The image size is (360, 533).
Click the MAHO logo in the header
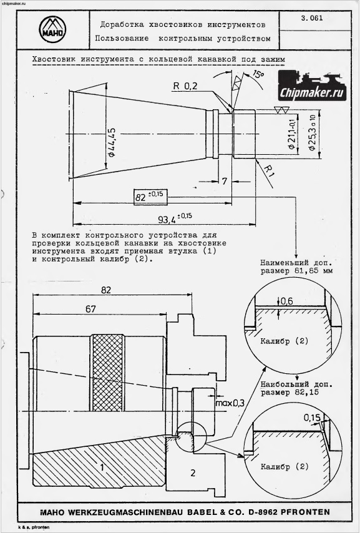(x=52, y=29)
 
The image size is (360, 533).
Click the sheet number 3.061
(x=312, y=18)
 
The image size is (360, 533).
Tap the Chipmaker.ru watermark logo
(x=312, y=86)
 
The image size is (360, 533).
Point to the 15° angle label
(x=258, y=74)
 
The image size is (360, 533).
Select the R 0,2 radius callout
(x=185, y=86)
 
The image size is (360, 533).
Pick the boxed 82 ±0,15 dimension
(x=150, y=197)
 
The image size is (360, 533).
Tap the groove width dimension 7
(x=225, y=182)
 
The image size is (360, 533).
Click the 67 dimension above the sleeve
(x=90, y=309)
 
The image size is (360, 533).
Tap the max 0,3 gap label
(x=230, y=403)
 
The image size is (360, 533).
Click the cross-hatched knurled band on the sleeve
(x=107, y=373)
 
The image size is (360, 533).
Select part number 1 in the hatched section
(x=102, y=467)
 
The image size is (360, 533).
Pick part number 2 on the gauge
(x=193, y=472)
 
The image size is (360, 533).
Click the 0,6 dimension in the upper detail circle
(x=287, y=301)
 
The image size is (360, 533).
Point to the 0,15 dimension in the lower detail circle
(x=312, y=417)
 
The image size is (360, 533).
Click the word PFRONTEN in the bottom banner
(x=305, y=512)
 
